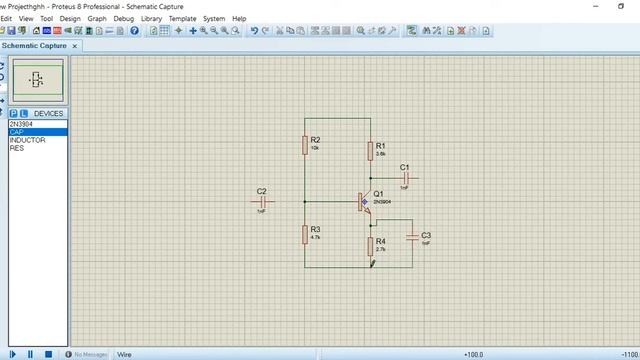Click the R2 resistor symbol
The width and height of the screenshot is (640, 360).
[305, 144]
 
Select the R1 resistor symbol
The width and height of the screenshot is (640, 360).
[370, 150]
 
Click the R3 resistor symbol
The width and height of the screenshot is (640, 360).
[305, 234]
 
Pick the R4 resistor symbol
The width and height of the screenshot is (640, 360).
[370, 245]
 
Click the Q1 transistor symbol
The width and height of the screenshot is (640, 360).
[365, 201]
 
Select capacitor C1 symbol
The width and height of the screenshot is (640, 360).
[405, 178]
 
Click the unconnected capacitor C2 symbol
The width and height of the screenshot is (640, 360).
[262, 202]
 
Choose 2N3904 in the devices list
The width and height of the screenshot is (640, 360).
[21, 124]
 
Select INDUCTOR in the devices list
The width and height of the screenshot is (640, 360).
[27, 140]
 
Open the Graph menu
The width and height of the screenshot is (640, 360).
[97, 18]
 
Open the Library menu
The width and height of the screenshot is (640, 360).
[151, 18]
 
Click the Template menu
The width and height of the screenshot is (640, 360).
[182, 18]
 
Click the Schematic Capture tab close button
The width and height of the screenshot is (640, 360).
[75, 45]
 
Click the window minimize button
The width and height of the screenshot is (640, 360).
[566, 6]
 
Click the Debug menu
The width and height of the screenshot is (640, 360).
[124, 18]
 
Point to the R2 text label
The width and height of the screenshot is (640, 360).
[315, 139]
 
